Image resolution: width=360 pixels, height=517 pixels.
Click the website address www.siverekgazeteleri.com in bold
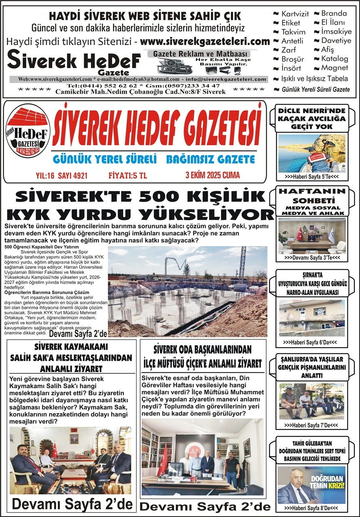pos(205,41)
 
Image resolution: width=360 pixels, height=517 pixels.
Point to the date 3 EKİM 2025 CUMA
pos(213,175)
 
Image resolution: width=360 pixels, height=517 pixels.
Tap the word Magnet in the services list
pos(335,67)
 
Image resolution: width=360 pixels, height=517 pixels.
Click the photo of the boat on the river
pos(312,153)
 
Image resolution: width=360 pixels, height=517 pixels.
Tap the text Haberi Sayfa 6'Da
pos(310,342)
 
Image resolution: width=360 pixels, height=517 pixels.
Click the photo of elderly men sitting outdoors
pos(312,401)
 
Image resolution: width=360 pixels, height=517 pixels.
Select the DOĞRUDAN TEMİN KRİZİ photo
pos(312,485)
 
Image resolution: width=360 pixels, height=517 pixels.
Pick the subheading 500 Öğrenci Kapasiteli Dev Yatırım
pos(42,246)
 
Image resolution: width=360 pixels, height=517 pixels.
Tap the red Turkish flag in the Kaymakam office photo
pos(55,450)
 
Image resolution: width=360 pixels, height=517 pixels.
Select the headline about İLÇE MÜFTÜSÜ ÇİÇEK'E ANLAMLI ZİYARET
pos(203,363)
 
